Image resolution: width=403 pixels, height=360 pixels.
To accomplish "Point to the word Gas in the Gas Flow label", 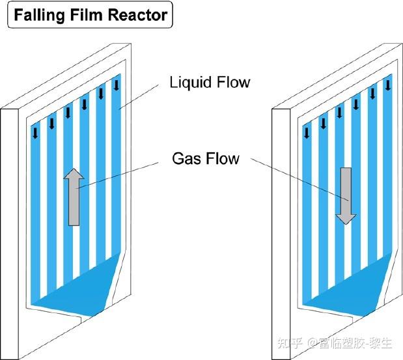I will pos(185,158).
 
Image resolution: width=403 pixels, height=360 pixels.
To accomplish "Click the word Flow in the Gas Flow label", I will pos(223,158).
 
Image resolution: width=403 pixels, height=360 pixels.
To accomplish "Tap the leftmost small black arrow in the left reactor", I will pos(35,133).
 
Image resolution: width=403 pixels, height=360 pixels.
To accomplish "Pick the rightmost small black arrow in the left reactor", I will pos(117,85).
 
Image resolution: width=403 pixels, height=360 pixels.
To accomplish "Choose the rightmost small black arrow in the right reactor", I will pos(389,85).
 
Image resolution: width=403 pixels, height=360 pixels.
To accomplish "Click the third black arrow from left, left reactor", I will pos(68,113).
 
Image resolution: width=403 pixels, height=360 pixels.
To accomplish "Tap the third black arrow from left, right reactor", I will pos(339,113).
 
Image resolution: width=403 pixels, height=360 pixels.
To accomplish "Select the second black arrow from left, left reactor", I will pos(52,123).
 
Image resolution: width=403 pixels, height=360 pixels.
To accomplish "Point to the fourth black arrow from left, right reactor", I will pos(355,104).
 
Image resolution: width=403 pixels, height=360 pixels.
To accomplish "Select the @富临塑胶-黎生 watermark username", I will pos(352,343).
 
